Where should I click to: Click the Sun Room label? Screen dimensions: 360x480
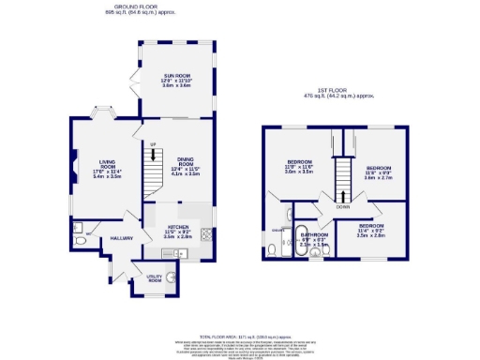pyautogui.click(x=176, y=78)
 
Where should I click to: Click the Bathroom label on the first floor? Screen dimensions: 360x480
pyautogui.click(x=313, y=235)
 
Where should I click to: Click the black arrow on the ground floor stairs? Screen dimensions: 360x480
pyautogui.click(x=156, y=155)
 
